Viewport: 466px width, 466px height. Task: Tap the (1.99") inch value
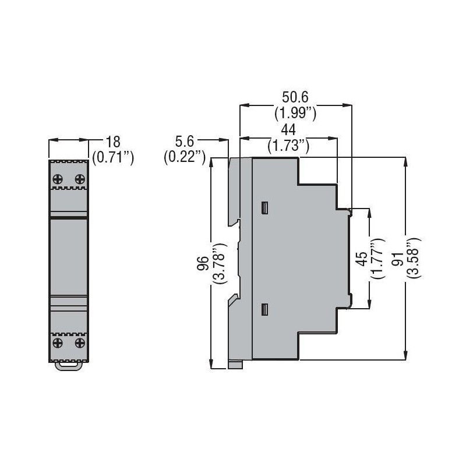(295, 114)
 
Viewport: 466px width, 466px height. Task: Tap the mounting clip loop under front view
(68, 365)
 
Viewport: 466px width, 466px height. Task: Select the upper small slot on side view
(264, 207)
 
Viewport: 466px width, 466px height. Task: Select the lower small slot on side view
(264, 310)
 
